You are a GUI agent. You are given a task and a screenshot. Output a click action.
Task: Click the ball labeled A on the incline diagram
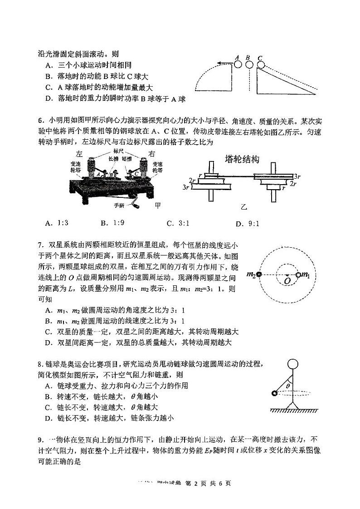(238, 65)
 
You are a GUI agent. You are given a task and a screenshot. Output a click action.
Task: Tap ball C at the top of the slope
(261, 65)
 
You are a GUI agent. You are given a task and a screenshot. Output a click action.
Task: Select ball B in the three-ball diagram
(249, 65)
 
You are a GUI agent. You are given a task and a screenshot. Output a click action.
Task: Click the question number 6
(40, 121)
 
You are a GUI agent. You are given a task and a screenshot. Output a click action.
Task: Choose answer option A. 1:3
(57, 223)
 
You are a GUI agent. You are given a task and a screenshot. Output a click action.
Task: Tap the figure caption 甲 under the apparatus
(158, 206)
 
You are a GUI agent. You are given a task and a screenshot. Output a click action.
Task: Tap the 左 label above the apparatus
(80, 154)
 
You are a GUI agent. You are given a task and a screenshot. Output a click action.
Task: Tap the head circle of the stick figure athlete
(292, 364)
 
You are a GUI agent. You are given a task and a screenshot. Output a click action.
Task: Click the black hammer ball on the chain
(274, 393)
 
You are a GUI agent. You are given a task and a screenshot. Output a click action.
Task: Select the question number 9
(40, 439)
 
